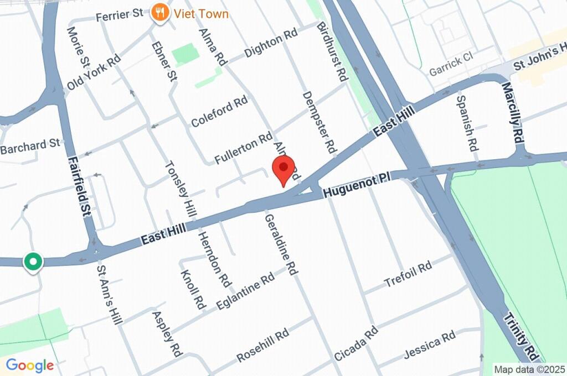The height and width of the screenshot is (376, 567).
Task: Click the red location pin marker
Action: click(284, 168)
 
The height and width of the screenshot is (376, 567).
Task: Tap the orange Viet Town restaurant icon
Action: click(160, 13)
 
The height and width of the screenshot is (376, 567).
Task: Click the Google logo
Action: click(30, 365)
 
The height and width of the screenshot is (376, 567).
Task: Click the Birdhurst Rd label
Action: click(331, 52)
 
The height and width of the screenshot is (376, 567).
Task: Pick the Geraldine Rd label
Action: click(281, 245)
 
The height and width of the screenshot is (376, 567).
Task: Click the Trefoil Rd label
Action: click(408, 275)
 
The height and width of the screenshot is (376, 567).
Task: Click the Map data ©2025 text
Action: click(529, 369)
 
